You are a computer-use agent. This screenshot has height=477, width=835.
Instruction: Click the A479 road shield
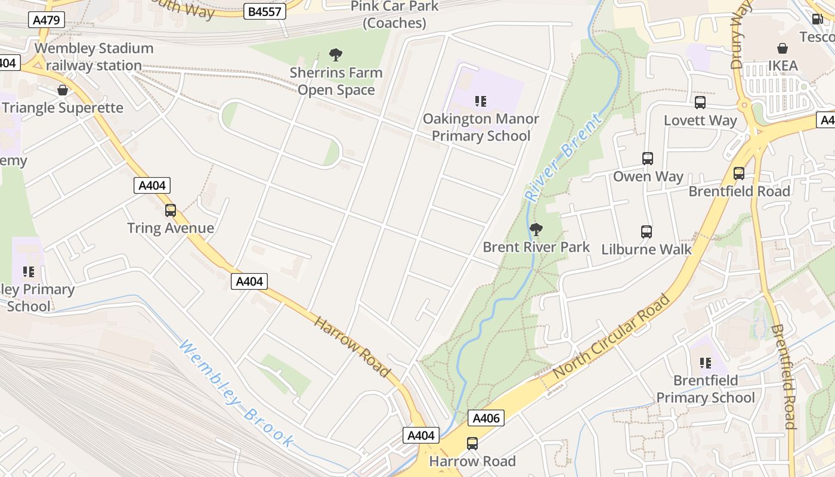[47, 20]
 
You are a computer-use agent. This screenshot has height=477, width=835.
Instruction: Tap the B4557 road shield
[265, 11]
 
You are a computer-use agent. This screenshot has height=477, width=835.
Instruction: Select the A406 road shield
[485, 419]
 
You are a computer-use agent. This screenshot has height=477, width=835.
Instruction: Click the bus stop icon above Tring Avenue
[171, 210]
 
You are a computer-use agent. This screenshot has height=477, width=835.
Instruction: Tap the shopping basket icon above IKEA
[783, 48]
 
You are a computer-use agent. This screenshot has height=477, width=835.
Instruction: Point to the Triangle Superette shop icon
[63, 91]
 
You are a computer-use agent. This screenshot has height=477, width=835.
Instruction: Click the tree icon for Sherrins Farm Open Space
[336, 55]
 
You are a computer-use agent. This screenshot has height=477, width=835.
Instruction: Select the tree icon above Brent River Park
[536, 230]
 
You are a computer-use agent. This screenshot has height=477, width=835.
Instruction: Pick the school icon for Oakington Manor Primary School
[481, 101]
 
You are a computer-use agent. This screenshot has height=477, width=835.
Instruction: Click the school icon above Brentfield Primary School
[706, 363]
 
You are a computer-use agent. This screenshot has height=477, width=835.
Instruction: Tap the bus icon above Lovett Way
[700, 103]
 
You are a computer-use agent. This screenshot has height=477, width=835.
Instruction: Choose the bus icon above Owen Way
[648, 159]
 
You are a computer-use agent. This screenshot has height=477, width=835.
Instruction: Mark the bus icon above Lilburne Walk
[647, 232]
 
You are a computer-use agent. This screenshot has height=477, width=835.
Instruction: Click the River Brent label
[563, 158]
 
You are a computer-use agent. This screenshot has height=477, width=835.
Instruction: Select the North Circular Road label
[612, 337]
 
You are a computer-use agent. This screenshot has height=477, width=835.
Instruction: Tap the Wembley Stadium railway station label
[94, 57]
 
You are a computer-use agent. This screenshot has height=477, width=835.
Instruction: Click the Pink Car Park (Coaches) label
[394, 15]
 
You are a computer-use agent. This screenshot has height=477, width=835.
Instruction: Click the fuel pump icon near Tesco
[818, 18]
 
